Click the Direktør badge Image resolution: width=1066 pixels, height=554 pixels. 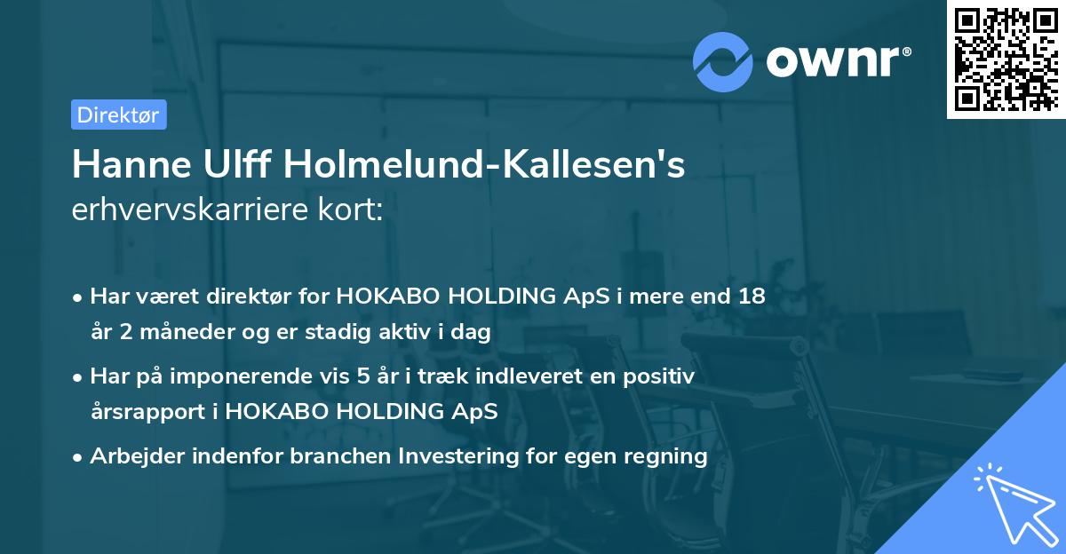(x=118, y=115)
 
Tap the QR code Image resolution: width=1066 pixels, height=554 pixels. (x=1005, y=59)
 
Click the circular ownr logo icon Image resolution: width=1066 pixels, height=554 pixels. (x=723, y=62)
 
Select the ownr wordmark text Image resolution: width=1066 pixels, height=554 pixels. (x=836, y=60)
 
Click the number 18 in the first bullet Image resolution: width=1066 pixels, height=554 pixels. (x=751, y=296)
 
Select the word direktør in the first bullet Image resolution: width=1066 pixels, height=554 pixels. (x=257, y=296)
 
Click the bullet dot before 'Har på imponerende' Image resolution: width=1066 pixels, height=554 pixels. (x=78, y=377)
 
